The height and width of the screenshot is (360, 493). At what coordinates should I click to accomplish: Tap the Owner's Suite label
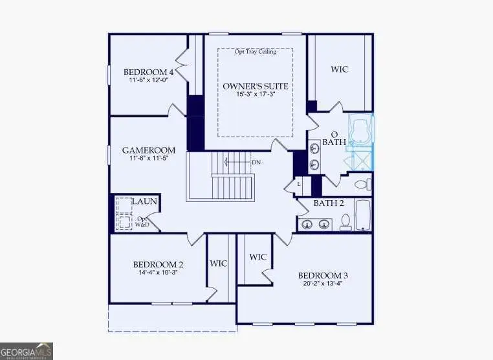[x=255, y=85]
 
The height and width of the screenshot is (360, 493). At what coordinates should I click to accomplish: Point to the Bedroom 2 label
[x=159, y=264]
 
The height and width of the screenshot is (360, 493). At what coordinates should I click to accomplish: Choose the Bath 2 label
[x=328, y=203]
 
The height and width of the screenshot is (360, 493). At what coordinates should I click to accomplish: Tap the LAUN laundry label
[x=144, y=202]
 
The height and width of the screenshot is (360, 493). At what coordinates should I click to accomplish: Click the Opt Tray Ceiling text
[x=255, y=52]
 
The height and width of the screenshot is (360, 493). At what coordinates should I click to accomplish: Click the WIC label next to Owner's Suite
[x=339, y=69]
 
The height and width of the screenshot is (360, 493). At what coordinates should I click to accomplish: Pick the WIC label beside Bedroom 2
[x=218, y=264]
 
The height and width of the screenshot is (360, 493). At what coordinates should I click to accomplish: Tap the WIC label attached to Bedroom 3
[x=258, y=257]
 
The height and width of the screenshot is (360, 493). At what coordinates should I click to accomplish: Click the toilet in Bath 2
[x=345, y=222]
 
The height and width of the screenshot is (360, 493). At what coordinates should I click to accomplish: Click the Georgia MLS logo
[x=27, y=351]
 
